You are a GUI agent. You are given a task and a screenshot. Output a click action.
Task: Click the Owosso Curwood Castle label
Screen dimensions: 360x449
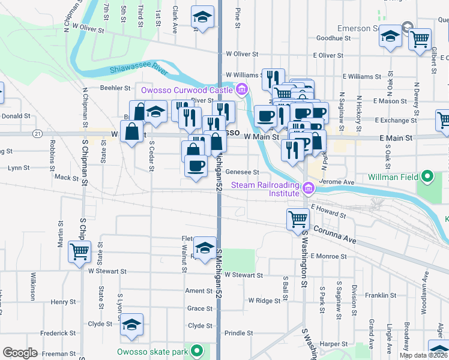186,90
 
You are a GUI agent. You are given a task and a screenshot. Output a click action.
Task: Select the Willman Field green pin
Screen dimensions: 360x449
427,177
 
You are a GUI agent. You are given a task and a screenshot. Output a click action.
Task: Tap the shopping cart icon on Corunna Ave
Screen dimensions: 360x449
298,219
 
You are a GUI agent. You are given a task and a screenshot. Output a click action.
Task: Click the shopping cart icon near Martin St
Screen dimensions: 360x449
79,251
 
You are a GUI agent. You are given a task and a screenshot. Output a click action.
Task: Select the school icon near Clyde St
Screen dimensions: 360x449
131,324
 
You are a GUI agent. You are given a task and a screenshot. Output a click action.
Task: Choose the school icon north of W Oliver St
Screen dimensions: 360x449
203,17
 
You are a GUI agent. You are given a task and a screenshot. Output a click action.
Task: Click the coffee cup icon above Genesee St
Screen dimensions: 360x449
195,166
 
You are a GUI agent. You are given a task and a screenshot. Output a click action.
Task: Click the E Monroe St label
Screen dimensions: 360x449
328,256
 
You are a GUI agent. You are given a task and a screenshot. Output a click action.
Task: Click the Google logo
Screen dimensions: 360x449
20,353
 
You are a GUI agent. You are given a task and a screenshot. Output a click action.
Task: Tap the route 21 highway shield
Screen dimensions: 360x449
38,133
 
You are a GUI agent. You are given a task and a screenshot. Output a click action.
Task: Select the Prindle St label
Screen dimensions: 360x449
239,332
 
